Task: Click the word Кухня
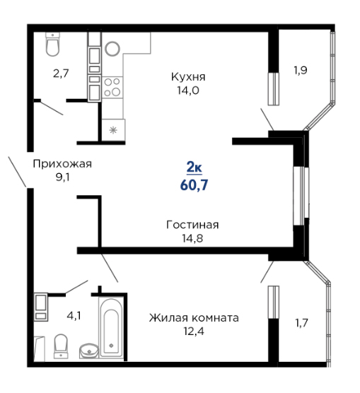pos(188,77)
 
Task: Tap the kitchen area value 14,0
pos(188,90)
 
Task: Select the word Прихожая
pos(62,164)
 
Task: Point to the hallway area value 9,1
pos(62,177)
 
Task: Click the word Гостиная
pos(192,225)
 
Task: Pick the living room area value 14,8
pos(192,238)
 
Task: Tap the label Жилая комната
pos(194,318)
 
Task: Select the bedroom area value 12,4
pos(194,332)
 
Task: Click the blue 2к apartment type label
pos(194,168)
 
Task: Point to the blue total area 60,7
pos(194,185)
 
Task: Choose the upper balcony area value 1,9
pos(301,70)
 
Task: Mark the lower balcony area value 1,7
pos(301,323)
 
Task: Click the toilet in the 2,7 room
pos(52,45)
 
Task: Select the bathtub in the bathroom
pos(111,327)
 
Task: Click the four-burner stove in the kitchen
pos(112,88)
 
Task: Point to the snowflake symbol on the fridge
pos(113,130)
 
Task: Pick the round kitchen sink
pos(112,48)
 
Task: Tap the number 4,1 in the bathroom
pos(74,316)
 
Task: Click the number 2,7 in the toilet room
pos(61,74)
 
